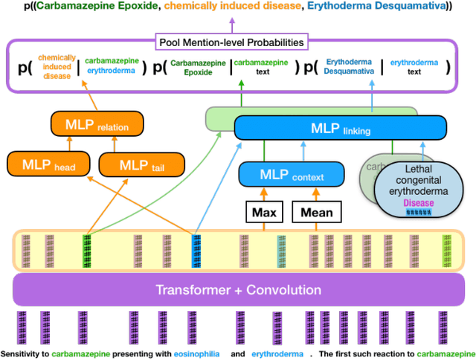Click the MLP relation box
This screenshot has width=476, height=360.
91,125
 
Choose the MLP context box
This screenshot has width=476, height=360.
292,175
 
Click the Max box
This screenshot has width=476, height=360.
263,213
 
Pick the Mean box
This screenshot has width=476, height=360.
317,213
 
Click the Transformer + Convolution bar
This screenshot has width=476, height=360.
238,289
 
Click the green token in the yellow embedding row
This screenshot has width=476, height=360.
87,249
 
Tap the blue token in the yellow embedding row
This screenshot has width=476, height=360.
197,249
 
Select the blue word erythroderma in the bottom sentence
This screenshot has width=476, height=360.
277,354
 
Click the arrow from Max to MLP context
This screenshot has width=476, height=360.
263,194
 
